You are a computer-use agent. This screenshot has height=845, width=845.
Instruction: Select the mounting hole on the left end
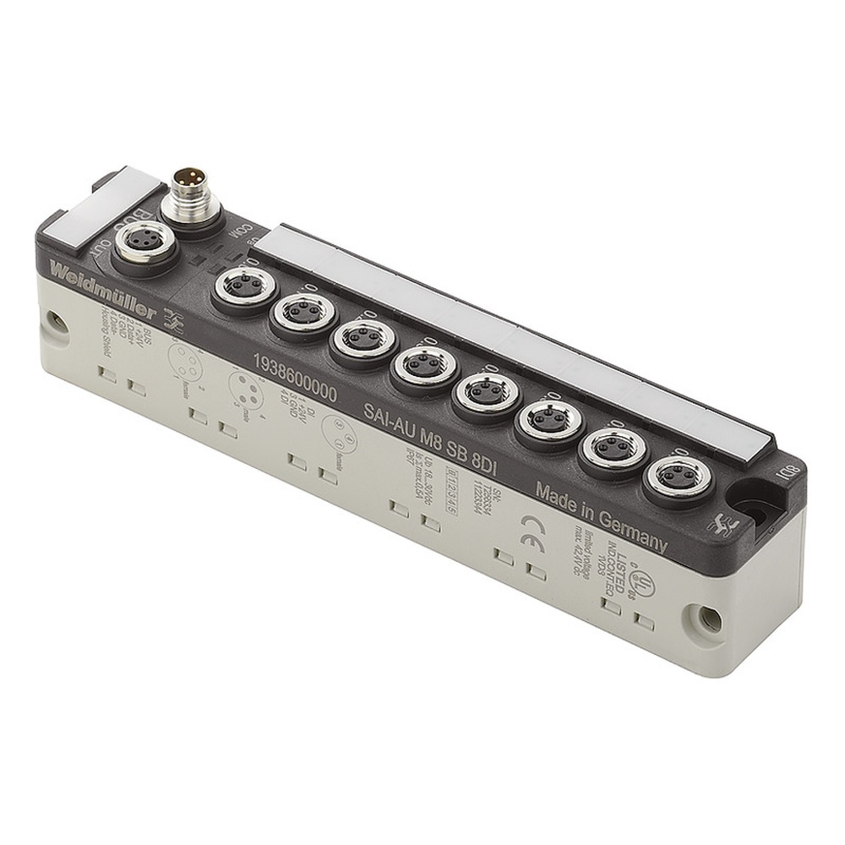coord(56,320)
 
